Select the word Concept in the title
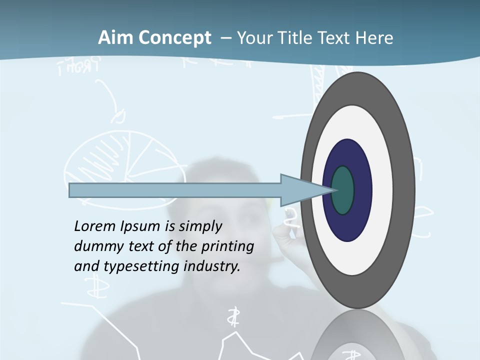click(175, 38)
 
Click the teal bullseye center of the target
click(343, 190)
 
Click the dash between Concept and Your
click(225, 38)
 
